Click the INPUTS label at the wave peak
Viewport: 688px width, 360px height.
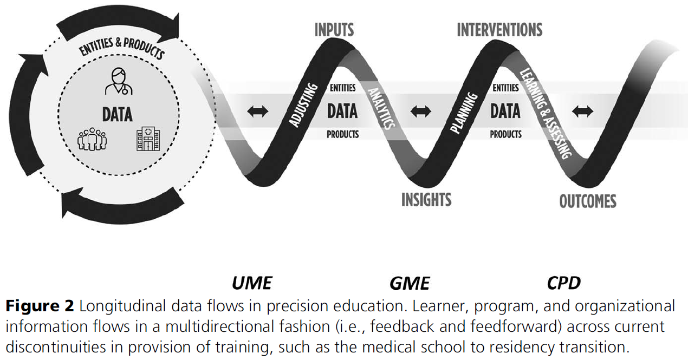coord(334,30)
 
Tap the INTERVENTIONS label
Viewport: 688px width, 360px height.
coord(499,30)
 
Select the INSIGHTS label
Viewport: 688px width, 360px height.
coord(426,200)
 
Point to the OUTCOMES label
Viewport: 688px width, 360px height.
coord(588,201)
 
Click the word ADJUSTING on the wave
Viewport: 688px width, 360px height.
coord(303,105)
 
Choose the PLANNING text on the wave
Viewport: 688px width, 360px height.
coord(464,113)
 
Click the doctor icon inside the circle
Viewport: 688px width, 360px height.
coord(118,81)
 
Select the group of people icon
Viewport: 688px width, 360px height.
coord(92,139)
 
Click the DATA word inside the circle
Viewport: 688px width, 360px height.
coord(117,114)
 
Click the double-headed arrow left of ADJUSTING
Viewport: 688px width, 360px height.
coord(257,112)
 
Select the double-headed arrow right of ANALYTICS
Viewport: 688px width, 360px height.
coord(420,112)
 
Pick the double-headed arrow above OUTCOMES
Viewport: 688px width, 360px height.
coord(583,112)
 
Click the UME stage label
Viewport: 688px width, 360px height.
coord(252,283)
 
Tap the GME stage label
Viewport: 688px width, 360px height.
coord(410,283)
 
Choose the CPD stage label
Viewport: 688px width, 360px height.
coord(564,283)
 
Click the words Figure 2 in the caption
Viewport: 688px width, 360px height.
coord(40,306)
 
